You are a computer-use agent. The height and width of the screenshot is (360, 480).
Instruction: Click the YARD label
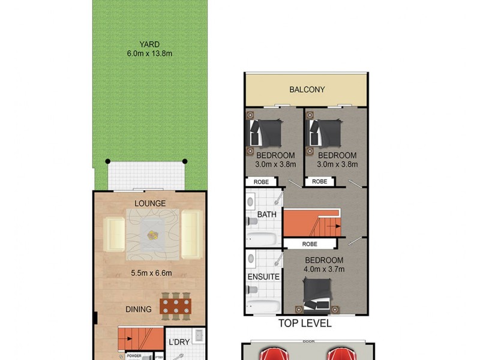point(149,44)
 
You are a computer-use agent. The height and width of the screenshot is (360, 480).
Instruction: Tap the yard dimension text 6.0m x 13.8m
point(149,54)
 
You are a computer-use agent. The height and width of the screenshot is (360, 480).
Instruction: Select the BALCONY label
point(307,90)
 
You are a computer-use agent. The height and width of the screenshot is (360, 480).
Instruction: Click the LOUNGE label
point(149,203)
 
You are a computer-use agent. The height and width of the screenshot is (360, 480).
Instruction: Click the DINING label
point(139,310)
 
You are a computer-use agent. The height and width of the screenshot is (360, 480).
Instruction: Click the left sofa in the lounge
point(114,234)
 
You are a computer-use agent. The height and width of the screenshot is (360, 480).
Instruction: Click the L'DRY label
point(179,341)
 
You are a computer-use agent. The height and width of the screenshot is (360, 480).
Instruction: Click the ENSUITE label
point(263,277)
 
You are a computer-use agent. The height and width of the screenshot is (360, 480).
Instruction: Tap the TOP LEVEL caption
point(305,323)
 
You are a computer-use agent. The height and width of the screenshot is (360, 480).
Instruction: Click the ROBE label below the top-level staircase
point(310,244)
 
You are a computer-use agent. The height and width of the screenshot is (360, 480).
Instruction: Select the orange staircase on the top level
point(311,223)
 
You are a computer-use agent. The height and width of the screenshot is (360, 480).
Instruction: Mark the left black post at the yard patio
point(108,161)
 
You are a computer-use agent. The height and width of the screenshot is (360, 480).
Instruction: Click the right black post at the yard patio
point(185,161)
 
